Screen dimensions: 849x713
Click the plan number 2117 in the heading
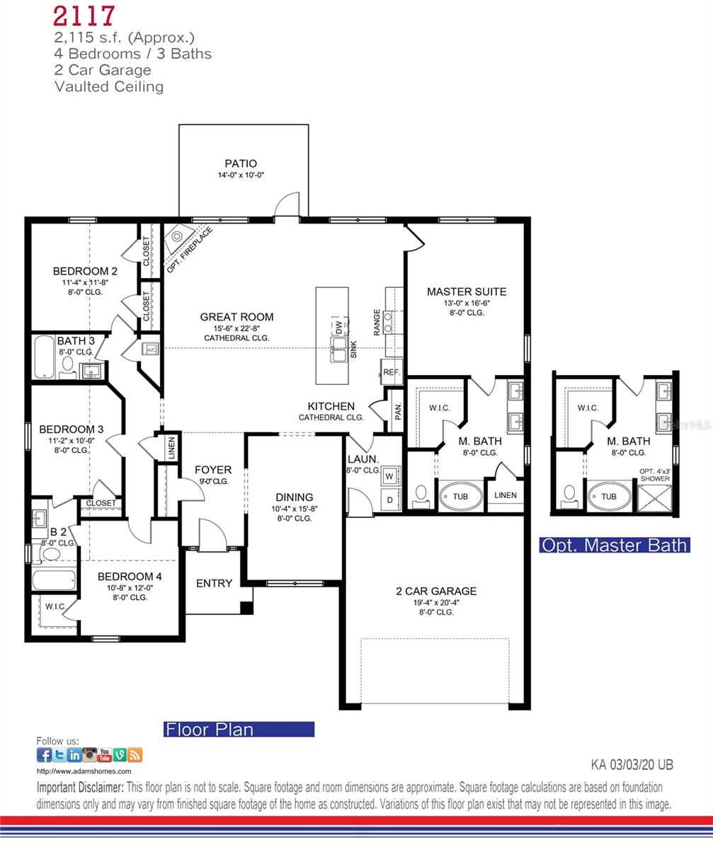[84, 16]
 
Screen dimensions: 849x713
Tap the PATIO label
[241, 163]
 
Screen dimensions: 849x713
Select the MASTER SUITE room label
[466, 291]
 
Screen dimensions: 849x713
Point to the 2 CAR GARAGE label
[435, 591]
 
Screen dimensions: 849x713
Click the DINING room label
[294, 497]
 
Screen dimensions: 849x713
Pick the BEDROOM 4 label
[130, 576]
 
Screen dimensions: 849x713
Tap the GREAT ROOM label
[236, 317]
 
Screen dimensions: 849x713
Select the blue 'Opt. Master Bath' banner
[614, 545]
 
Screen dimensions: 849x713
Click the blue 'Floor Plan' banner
[239, 729]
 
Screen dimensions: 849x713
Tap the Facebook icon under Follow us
[44, 755]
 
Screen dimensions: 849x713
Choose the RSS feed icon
[135, 755]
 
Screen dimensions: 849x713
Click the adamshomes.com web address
[84, 771]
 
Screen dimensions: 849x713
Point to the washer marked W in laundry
[389, 476]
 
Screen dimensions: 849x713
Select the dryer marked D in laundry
[389, 499]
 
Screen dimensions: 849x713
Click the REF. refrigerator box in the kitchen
[392, 371]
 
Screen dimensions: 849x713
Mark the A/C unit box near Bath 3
[150, 349]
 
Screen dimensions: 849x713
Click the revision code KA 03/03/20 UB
[632, 764]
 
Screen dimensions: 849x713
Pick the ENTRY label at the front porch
[214, 583]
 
